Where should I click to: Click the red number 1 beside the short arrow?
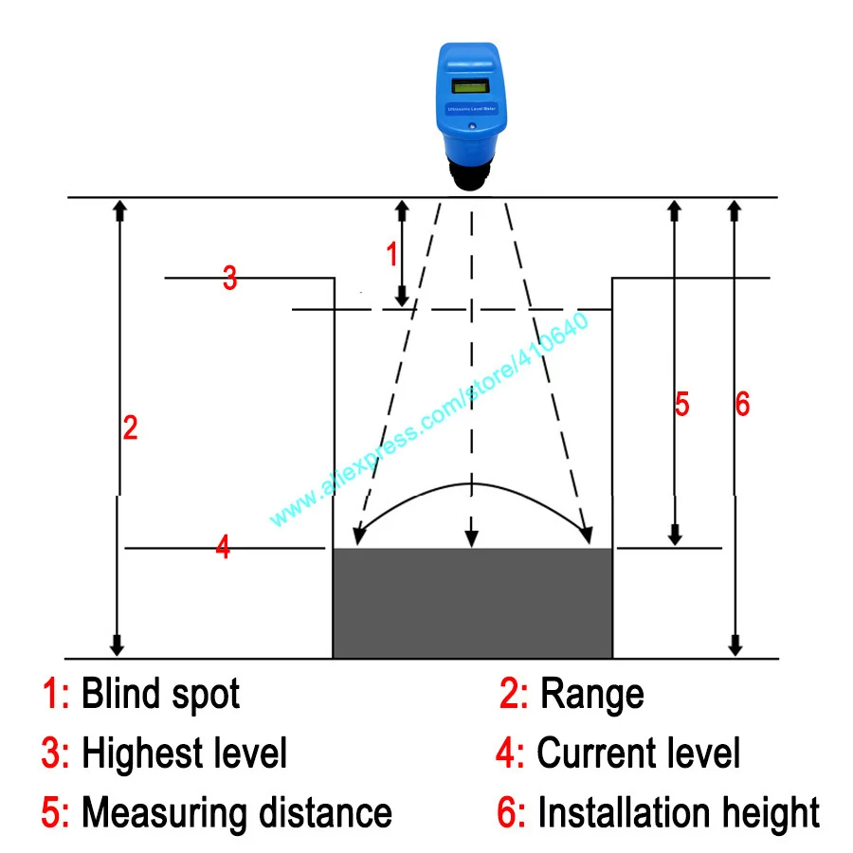click(x=390, y=254)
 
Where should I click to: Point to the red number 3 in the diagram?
click(x=229, y=279)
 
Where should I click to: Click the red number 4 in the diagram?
click(x=223, y=547)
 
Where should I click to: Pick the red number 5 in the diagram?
click(x=681, y=405)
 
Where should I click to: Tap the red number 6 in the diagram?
click(x=742, y=405)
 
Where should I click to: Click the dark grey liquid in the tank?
click(x=472, y=603)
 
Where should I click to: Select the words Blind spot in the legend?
click(x=160, y=695)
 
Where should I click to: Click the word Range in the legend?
click(x=591, y=695)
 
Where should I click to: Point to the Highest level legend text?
click(x=184, y=754)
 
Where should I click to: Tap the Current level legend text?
click(x=639, y=754)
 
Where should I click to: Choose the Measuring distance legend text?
click(x=236, y=813)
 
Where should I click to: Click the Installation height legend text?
click(x=678, y=813)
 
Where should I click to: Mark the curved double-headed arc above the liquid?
click(x=471, y=486)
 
